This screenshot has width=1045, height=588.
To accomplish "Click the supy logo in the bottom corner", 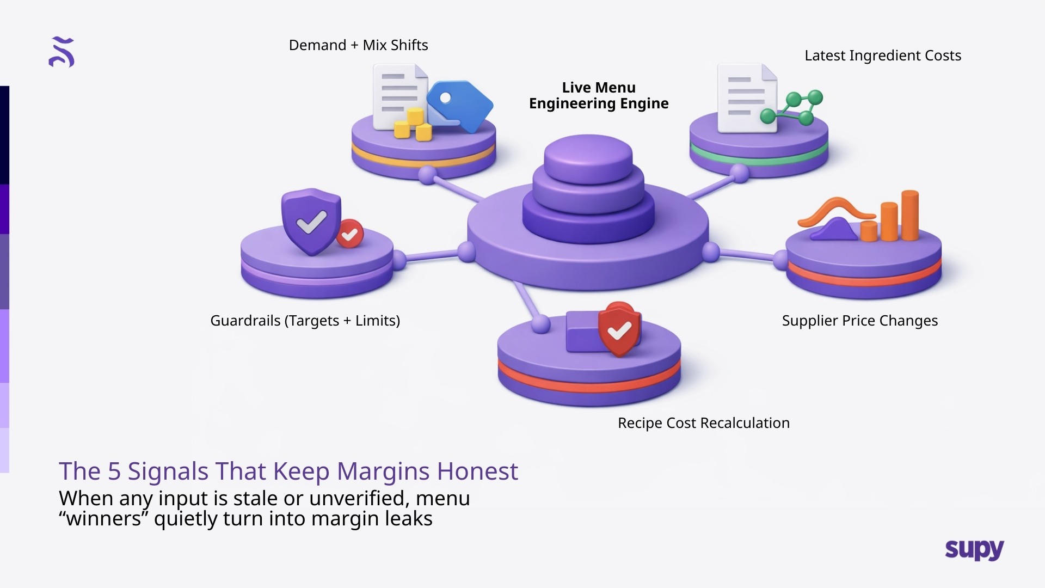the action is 974,550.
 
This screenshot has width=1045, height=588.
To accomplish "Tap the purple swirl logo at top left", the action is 62,52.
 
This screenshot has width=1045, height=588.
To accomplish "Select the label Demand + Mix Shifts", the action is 358,45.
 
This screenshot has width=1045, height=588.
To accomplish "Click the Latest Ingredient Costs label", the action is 882,56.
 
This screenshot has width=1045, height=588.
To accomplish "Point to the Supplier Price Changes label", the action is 859,321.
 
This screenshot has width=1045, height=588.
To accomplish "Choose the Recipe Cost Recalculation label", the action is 703,423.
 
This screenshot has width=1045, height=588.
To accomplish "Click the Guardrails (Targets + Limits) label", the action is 305,321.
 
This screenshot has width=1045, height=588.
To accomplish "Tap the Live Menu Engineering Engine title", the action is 599,95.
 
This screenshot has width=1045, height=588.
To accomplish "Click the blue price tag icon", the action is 460,107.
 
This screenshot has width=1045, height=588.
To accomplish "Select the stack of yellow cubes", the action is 413,125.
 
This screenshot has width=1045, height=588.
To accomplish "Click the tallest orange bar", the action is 909,215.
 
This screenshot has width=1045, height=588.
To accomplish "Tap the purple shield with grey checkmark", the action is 311,221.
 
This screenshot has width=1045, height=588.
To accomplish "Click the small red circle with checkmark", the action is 349,234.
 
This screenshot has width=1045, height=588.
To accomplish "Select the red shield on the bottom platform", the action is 619,329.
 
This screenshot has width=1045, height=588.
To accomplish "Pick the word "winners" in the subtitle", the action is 103,519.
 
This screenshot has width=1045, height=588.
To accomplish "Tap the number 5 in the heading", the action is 114,471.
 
